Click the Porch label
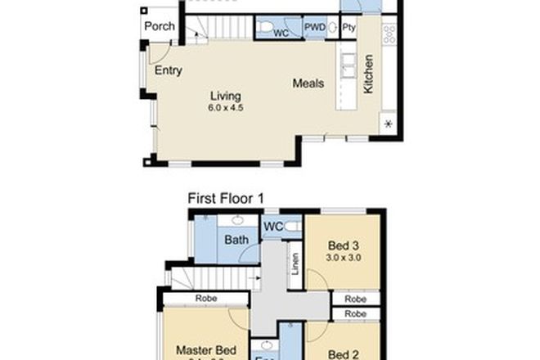point(159,27)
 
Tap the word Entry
point(169,70)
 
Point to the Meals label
point(308,83)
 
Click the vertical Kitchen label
point(369,74)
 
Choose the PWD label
point(315,29)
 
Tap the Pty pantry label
point(349,29)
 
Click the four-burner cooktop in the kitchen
point(389,33)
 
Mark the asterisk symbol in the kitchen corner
point(387,124)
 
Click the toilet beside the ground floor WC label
point(264,29)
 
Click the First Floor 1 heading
point(232,198)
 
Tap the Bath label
point(236,241)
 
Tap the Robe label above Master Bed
point(205,299)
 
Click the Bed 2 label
point(344,354)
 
